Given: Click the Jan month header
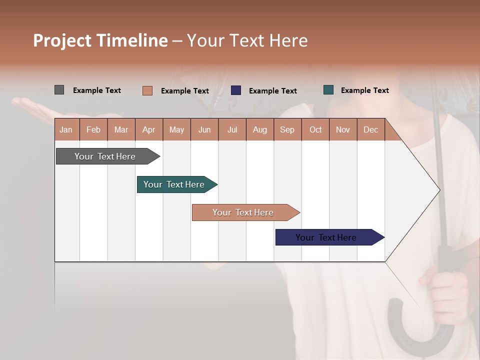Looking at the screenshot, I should (x=66, y=129).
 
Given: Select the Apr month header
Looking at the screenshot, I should (x=148, y=129).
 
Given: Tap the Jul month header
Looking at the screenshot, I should (x=232, y=129).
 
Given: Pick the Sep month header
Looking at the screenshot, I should (x=287, y=129).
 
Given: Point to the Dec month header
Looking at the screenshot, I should (x=370, y=129).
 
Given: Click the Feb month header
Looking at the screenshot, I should (x=93, y=129).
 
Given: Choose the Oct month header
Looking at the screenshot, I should (x=315, y=129).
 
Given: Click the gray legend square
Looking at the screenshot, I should (x=59, y=90).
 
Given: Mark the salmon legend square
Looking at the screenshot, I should (x=147, y=90).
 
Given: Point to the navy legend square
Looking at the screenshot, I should (x=236, y=90).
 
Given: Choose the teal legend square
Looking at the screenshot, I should (x=328, y=90).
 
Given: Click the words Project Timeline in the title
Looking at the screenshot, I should (x=100, y=40).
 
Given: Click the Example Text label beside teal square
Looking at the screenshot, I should (x=364, y=90).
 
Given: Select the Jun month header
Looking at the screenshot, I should (x=204, y=129).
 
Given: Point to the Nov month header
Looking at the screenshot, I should (x=343, y=129).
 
